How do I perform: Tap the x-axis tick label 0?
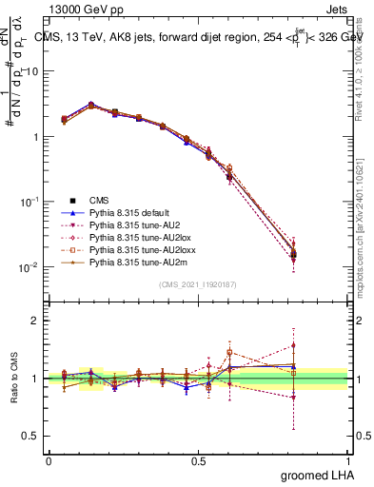tap(49, 460)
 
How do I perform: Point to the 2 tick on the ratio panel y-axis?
tap(36, 321)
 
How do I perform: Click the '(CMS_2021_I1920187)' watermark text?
tap(198, 284)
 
